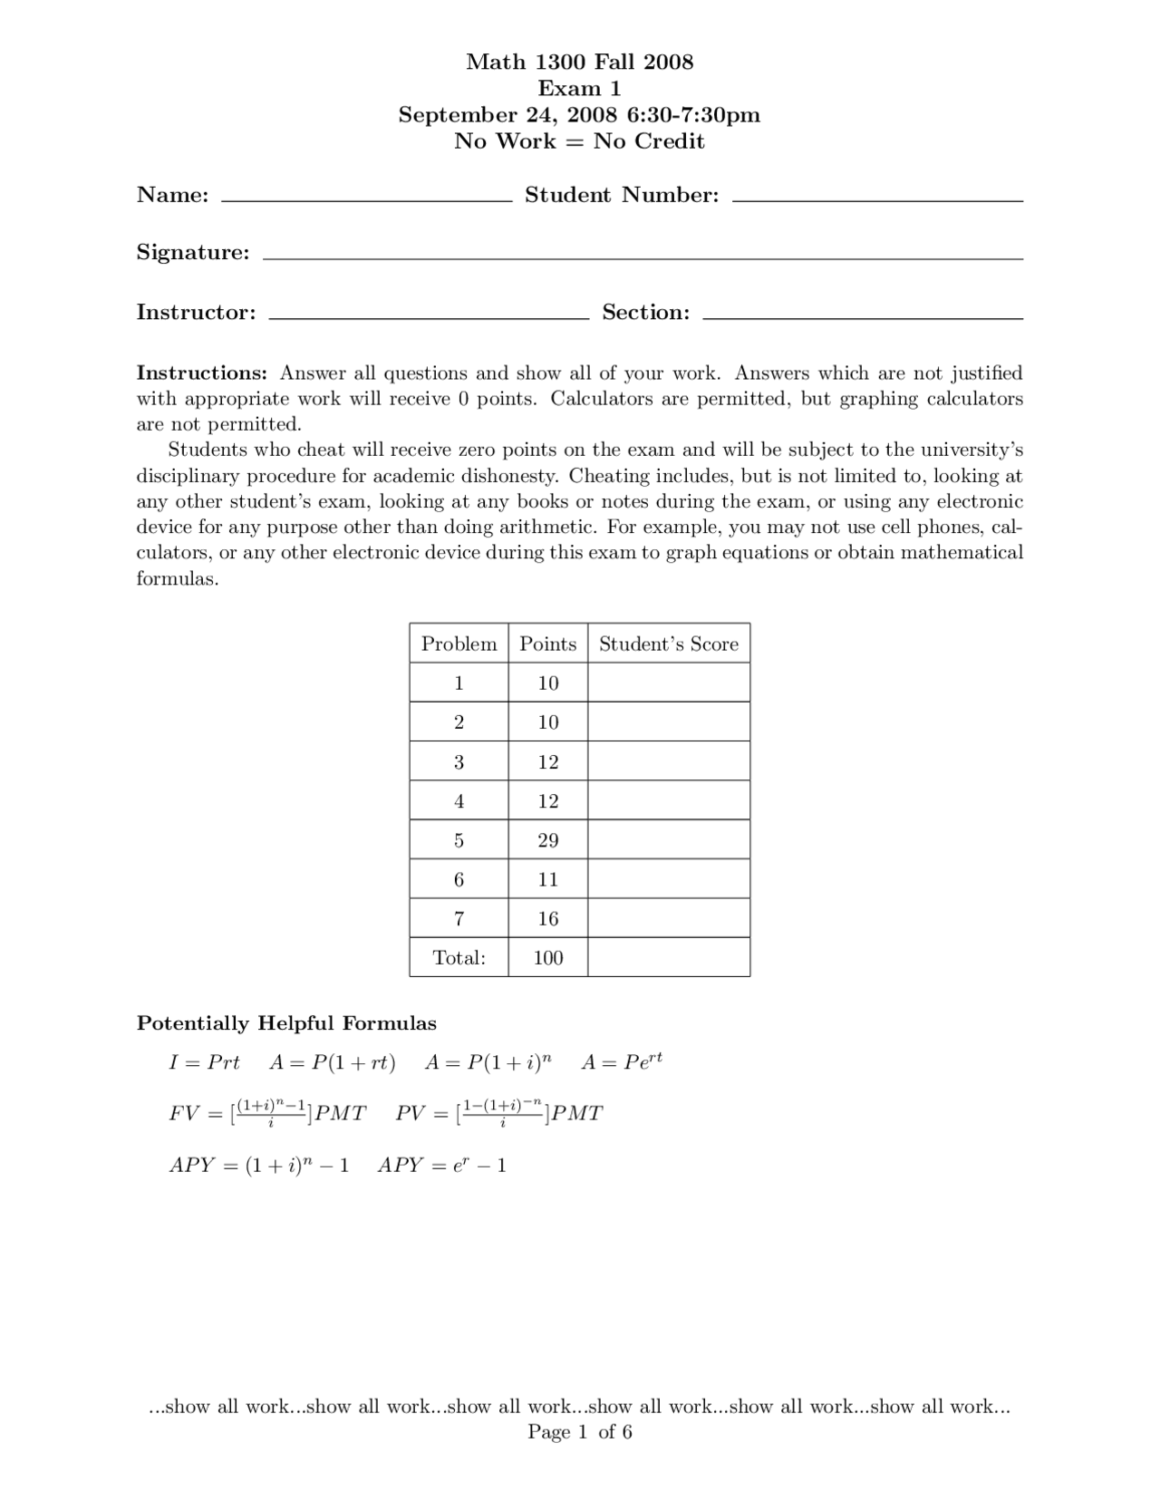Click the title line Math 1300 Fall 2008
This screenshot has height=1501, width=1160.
click(x=579, y=62)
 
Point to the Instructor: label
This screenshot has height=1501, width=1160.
click(x=196, y=313)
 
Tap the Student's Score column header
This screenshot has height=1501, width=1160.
click(x=669, y=644)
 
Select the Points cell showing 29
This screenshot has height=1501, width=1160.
click(x=547, y=840)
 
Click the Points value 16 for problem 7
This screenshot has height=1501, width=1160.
click(x=547, y=918)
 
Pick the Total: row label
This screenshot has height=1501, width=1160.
click(x=459, y=958)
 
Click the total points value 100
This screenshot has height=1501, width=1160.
click(x=547, y=958)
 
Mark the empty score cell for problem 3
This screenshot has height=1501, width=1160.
click(x=669, y=761)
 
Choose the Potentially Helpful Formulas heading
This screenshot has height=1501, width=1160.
click(x=286, y=1023)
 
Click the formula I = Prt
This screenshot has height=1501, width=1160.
click(x=204, y=1062)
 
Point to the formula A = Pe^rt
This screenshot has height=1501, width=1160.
click(x=622, y=1061)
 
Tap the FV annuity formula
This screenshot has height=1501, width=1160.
click(x=267, y=1113)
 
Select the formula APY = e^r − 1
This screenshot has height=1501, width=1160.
click(x=442, y=1166)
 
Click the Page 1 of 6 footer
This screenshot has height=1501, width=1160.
click(x=579, y=1432)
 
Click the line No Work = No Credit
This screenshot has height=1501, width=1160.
click(x=579, y=141)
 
